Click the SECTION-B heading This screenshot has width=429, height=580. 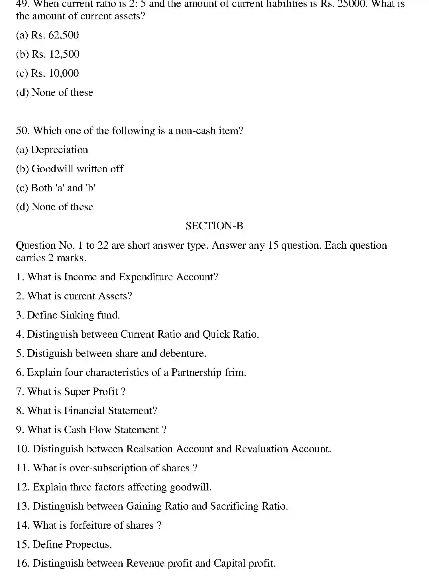(x=214, y=226)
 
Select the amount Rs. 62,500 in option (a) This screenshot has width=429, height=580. (x=55, y=35)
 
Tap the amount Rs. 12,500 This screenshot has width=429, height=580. (x=55, y=54)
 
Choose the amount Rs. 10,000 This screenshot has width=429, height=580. (x=55, y=73)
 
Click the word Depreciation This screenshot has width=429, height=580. (x=60, y=150)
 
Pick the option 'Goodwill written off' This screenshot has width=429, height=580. (x=77, y=169)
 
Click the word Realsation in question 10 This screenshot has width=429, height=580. (x=150, y=449)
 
